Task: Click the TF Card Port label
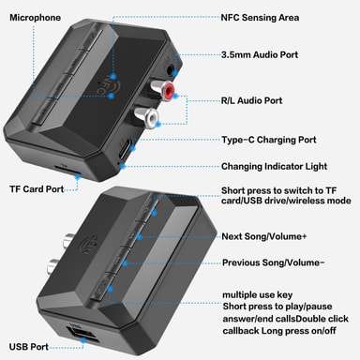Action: point(36,188)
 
